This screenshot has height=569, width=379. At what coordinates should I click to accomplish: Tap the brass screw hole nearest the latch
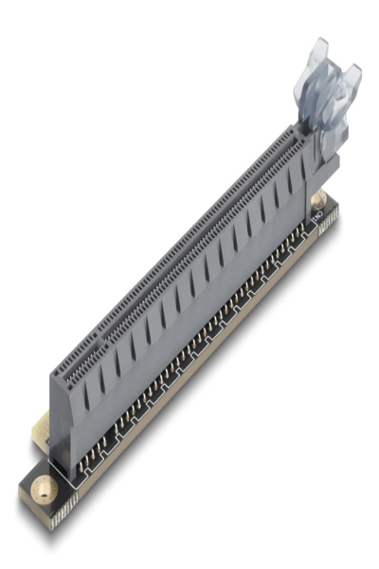point(319,199)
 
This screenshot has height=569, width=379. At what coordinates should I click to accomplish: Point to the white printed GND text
point(318,220)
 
